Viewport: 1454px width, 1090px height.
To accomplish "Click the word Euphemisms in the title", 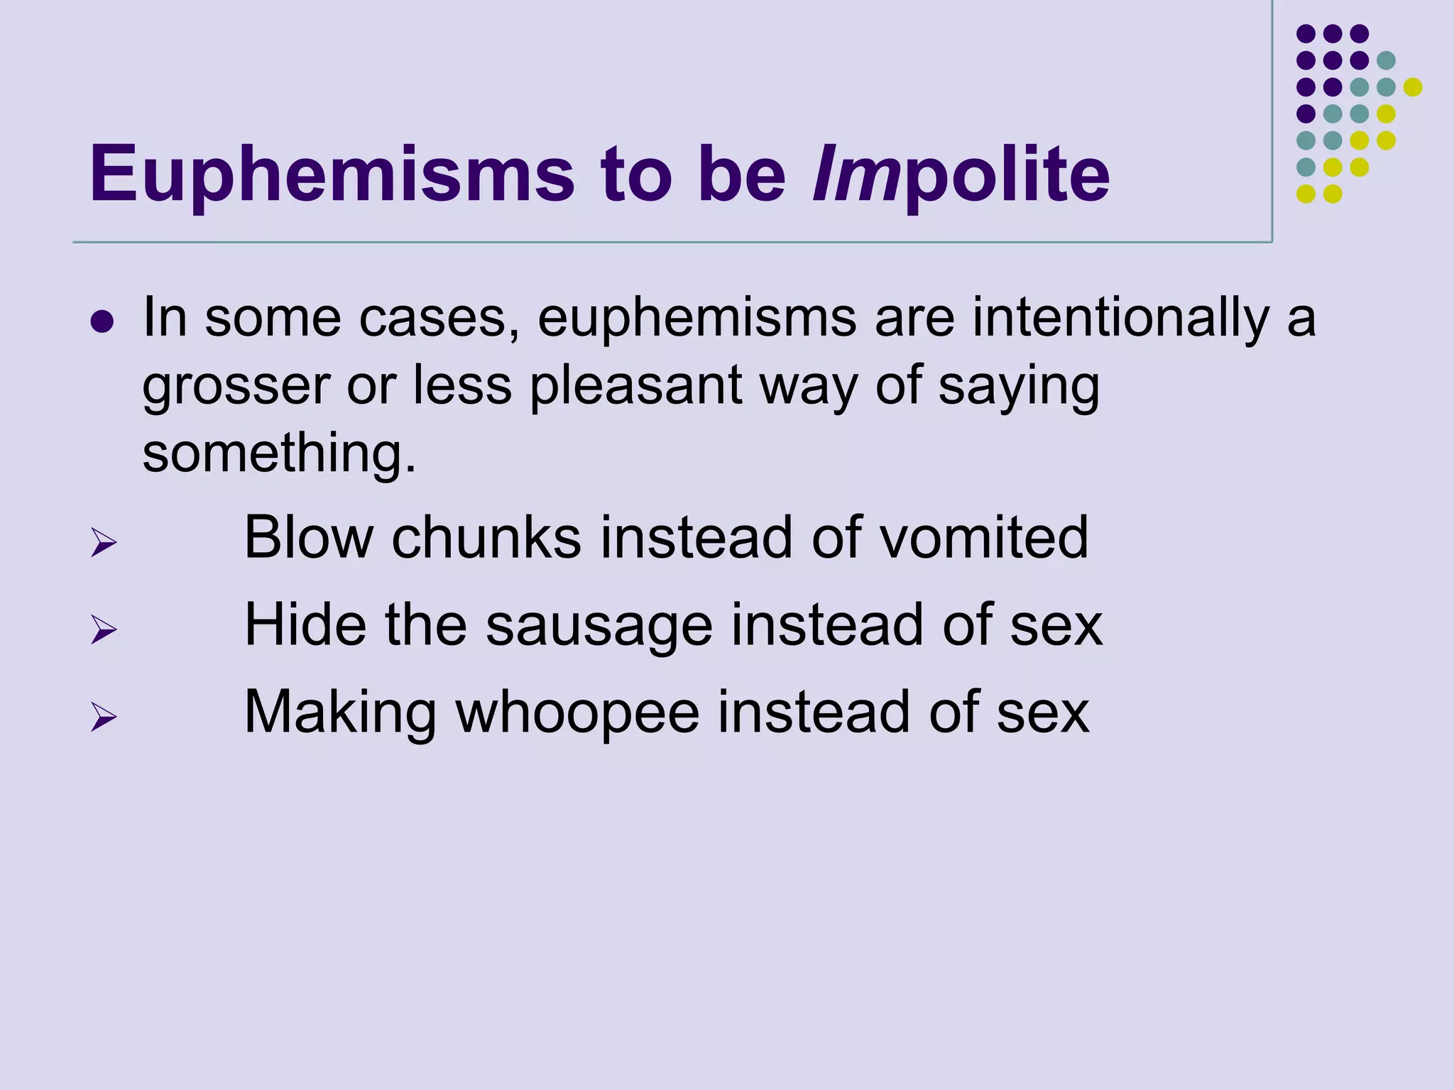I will (x=332, y=175).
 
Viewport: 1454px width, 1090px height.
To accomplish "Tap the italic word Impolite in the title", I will (x=961, y=175).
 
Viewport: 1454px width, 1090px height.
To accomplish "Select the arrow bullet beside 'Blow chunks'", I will (x=104, y=544).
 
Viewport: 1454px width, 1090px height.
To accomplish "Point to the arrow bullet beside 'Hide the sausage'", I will (x=104, y=629).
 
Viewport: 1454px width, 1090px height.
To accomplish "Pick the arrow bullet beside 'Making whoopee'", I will (x=104, y=717).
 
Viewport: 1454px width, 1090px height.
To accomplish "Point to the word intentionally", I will (x=1120, y=319).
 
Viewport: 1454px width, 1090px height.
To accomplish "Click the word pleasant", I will (x=636, y=387).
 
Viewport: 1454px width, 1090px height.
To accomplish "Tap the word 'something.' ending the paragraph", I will (x=280, y=454).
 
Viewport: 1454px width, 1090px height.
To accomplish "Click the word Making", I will (x=340, y=712).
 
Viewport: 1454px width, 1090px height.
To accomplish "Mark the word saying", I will (x=1019, y=387).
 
